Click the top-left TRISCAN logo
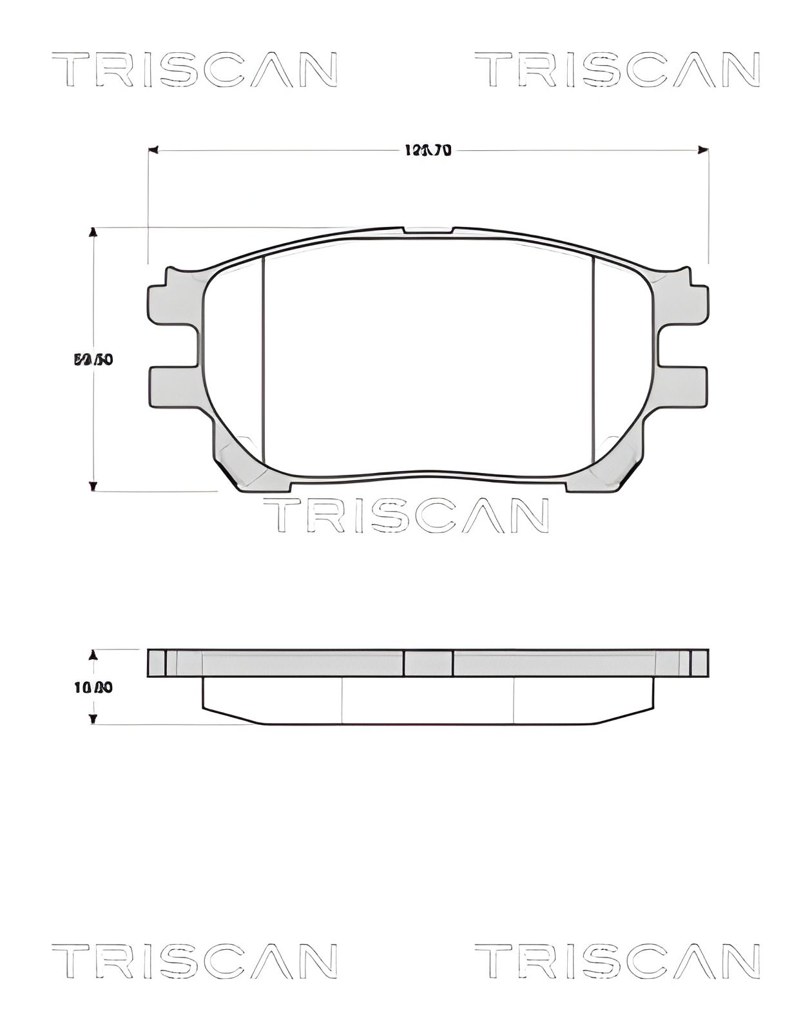click(x=194, y=70)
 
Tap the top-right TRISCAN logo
click(x=617, y=70)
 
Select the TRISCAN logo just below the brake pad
click(x=406, y=515)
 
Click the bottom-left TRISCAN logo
click(x=194, y=961)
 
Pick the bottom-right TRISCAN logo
click(x=617, y=961)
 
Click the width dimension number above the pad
click(x=427, y=151)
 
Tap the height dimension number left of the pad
click(x=94, y=360)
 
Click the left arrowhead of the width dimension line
click(x=153, y=150)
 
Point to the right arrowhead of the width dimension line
click(x=703, y=150)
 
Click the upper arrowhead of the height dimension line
click(x=93, y=233)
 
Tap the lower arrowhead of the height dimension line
click(x=93, y=486)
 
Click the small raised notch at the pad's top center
click(x=428, y=230)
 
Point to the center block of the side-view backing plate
click(x=428, y=663)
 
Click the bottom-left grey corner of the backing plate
click(x=238, y=464)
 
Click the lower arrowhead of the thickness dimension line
click(x=93, y=719)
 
